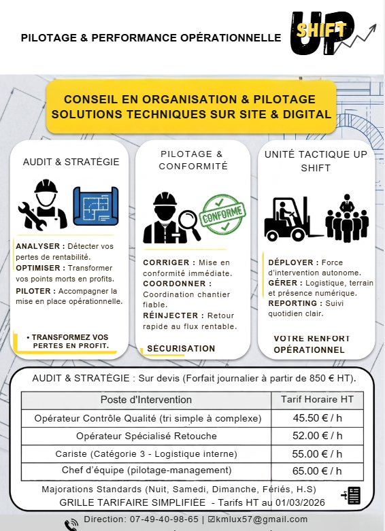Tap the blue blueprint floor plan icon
point(96,206)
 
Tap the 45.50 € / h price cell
point(317,418)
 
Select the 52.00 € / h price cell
point(317,435)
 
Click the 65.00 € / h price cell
point(317,470)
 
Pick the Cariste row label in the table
point(146,453)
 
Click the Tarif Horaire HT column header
point(317,399)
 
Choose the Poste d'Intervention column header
point(146,399)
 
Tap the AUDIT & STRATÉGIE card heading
point(71,162)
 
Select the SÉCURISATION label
point(181,349)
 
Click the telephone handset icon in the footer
point(71,524)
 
